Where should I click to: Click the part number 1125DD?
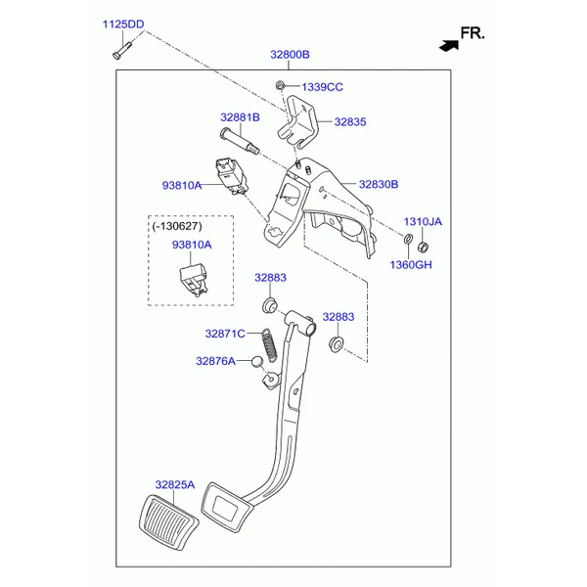123,24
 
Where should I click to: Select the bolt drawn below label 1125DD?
122,50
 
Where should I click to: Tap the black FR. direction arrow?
449,46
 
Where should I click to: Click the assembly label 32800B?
290,55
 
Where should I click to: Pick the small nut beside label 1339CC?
279,85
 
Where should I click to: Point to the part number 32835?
350,122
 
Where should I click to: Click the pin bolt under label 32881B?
240,140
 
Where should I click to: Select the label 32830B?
379,184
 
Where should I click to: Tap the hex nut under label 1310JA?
423,247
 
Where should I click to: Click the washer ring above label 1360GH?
408,238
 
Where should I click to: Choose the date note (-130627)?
177,226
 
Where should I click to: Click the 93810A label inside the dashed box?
192,245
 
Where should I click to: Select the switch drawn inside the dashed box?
193,279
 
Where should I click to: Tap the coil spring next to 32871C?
270,344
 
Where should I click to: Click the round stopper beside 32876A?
257,361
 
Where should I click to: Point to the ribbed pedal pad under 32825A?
169,522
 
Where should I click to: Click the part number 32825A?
175,485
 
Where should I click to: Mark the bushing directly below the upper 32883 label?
270,305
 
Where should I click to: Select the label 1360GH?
411,265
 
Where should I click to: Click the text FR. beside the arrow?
473,33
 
